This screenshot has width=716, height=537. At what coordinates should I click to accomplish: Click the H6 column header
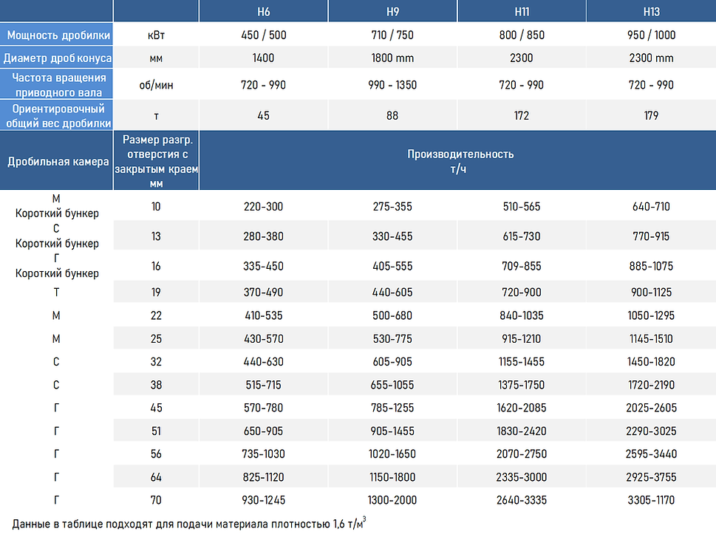(x=264, y=12)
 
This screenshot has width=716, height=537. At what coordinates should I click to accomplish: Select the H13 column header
(x=651, y=12)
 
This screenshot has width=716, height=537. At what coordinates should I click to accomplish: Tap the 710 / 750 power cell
(x=392, y=35)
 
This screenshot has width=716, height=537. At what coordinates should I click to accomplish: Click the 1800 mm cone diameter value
(x=392, y=58)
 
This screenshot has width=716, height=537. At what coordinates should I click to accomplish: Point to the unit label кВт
(x=156, y=35)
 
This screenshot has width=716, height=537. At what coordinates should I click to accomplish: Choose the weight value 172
(x=522, y=115)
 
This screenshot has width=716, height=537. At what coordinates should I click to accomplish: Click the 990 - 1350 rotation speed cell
(x=392, y=85)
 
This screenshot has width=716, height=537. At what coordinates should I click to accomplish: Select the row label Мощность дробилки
(x=58, y=35)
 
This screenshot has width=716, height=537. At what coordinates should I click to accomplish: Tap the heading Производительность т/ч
(x=460, y=161)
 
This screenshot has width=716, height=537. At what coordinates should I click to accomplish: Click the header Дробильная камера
(x=58, y=161)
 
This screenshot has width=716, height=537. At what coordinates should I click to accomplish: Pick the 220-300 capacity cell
(x=264, y=206)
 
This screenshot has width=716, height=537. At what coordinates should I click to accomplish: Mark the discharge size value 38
(x=156, y=385)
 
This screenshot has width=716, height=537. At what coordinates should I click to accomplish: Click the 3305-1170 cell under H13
(x=651, y=500)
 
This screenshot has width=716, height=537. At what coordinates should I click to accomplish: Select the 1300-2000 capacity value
(x=392, y=500)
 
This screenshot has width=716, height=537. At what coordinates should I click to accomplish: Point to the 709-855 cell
(x=522, y=266)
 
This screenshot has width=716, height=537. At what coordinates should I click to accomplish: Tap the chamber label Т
(x=56, y=293)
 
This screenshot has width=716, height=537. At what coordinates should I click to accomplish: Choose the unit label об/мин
(x=156, y=85)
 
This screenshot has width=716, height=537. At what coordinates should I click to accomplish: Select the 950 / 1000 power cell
(x=651, y=35)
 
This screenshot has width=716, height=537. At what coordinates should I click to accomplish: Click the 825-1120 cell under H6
(x=264, y=477)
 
